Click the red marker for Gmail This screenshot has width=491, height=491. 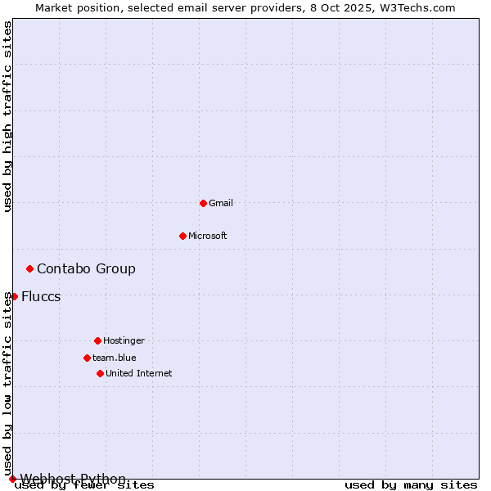[x=203, y=203]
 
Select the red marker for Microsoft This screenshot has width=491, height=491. [x=182, y=236]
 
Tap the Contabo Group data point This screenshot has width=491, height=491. [x=29, y=268]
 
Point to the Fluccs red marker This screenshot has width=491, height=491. [x=14, y=296]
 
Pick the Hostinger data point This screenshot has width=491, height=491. [x=97, y=340]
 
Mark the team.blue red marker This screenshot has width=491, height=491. [x=87, y=358]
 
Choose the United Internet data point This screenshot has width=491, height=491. [x=100, y=373]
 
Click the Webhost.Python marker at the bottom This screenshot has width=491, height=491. [x=12, y=479]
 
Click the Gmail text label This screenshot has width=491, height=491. [x=221, y=203]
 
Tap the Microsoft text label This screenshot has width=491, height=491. [x=208, y=236]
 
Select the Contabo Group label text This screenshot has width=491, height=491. [x=86, y=268]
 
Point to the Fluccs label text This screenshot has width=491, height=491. [x=41, y=296]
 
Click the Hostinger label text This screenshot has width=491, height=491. [x=124, y=340]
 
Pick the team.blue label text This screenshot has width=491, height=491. [x=115, y=358]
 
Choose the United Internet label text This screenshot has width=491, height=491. [x=139, y=373]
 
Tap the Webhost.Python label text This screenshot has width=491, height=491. [x=73, y=479]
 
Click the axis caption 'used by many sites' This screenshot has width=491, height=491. [x=411, y=485]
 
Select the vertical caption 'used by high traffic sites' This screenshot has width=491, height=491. [x=8, y=116]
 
